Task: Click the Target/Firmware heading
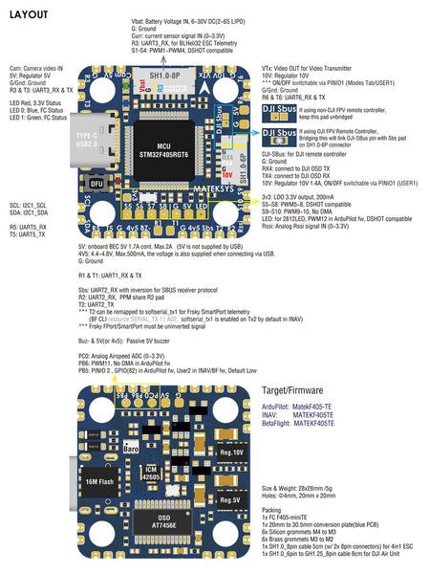pyautogui.click(x=296, y=390)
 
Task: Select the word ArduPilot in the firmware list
pyautogui.click(x=279, y=407)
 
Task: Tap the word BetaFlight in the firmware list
pyautogui.click(x=280, y=422)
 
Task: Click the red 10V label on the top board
pyautogui.click(x=227, y=176)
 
